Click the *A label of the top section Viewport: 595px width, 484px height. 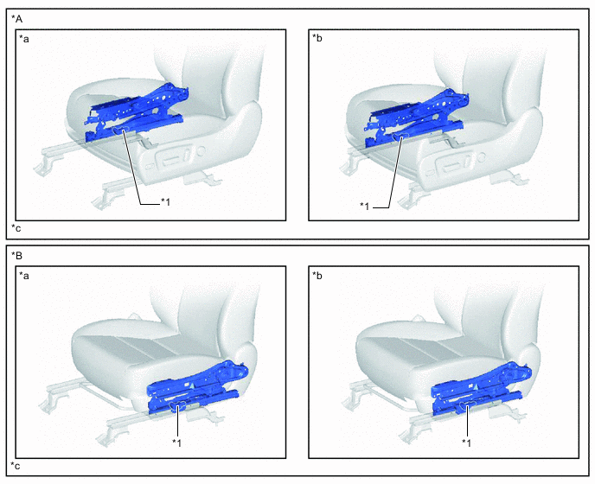click(16, 19)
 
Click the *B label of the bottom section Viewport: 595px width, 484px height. click(16, 256)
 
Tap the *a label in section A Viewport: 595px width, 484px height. click(24, 39)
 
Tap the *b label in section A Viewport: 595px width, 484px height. click(317, 38)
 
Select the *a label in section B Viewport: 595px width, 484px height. click(24, 276)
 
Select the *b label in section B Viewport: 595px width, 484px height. click(317, 276)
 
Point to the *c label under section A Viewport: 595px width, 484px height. click(16, 228)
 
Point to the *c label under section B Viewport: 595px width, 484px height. click(16, 466)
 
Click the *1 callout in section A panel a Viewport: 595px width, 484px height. click(165, 202)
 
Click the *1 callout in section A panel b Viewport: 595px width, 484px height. click(364, 207)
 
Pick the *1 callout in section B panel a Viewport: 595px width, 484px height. click(176, 443)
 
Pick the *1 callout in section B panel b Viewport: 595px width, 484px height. click(466, 443)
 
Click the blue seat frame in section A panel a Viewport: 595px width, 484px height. click(137, 113)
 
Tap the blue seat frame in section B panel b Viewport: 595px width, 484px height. click(481, 388)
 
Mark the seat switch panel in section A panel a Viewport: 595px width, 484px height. click(174, 158)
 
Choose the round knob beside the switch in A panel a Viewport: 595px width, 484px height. click(201, 151)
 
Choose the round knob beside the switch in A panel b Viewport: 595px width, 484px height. click(482, 156)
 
